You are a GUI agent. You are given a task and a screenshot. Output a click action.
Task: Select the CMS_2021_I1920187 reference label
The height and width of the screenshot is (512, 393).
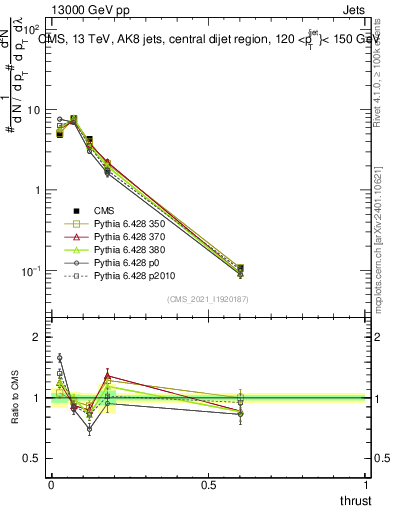206,299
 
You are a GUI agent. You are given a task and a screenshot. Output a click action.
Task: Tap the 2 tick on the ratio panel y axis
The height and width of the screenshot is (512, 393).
38,337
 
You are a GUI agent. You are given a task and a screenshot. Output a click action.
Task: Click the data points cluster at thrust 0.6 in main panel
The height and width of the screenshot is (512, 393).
240,270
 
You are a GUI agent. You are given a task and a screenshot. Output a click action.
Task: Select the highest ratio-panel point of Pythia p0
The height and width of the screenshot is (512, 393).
59,357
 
